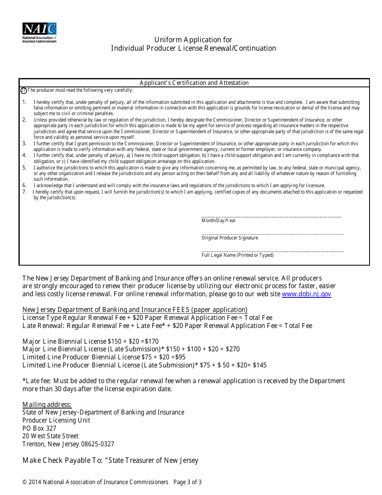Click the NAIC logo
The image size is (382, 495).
(x=39, y=32)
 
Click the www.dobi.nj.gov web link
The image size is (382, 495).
(x=306, y=294)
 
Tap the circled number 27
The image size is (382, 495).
(x=23, y=91)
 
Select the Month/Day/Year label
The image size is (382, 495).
(x=218, y=221)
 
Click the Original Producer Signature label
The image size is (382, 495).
(x=230, y=238)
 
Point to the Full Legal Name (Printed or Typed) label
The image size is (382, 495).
(x=237, y=255)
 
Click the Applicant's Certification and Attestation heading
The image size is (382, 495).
(x=194, y=83)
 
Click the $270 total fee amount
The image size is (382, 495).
(x=232, y=349)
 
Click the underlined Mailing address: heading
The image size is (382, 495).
(x=47, y=405)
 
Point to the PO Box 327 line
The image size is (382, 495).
(x=39, y=429)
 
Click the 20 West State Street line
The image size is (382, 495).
(x=50, y=436)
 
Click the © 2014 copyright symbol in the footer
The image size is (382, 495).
(x=25, y=482)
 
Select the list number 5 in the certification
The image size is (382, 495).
(x=24, y=168)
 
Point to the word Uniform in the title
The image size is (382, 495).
(x=168, y=40)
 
